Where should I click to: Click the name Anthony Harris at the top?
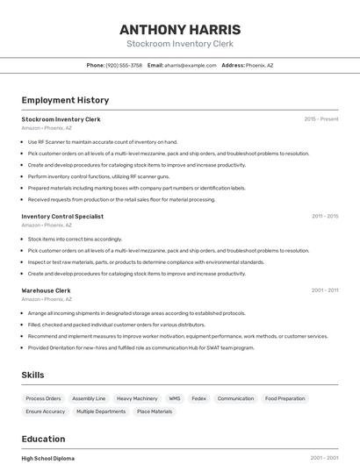[179, 30]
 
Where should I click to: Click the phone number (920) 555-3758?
[123, 65]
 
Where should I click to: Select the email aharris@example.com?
[189, 65]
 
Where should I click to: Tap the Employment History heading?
[65, 100]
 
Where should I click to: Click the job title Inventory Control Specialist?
[62, 216]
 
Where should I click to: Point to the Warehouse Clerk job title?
[46, 290]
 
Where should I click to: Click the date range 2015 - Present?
[321, 119]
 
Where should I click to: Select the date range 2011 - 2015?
[325, 216]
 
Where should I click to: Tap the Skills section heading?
[33, 375]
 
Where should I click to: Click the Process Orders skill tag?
[43, 398]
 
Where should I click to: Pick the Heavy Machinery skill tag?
[137, 398]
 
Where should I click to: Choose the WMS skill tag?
[175, 398]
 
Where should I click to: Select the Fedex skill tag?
[198, 398]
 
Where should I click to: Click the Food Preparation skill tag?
[285, 398]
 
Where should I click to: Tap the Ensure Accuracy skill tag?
[46, 411]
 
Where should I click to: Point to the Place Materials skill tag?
[155, 411]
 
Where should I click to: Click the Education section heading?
[43, 439]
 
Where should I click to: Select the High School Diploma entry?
[48, 458]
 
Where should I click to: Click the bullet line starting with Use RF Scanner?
[103, 141]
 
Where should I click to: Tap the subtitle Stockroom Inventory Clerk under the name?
[179, 43]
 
